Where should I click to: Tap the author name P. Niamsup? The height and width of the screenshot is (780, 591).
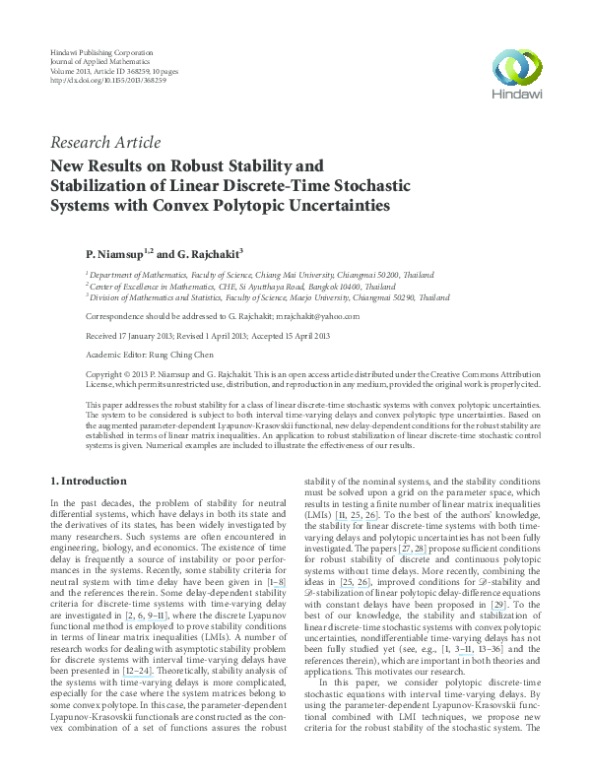coord(116,253)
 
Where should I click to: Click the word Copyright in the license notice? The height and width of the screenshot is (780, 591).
coord(107,375)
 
